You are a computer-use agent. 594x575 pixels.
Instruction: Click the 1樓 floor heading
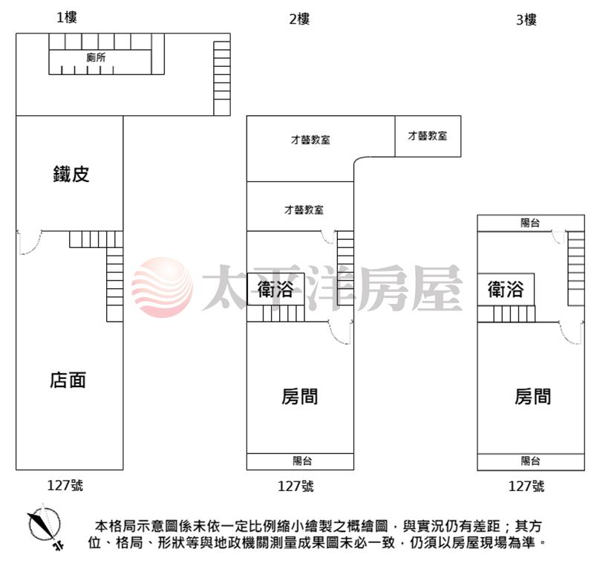tap(67, 17)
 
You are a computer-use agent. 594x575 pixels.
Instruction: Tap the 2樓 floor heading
tap(299, 19)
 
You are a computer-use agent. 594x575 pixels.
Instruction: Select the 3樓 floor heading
tap(526, 20)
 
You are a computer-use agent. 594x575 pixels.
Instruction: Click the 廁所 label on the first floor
tap(96, 58)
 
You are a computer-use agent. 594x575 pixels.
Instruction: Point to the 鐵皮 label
tap(71, 174)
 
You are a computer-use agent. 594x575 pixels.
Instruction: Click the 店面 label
tap(68, 380)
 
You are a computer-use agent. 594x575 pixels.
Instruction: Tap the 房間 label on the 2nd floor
tap(299, 397)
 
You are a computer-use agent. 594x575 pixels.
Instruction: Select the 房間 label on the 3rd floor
tap(532, 397)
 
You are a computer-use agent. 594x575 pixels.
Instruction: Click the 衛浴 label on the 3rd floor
tap(506, 289)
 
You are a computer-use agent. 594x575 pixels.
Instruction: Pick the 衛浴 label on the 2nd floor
tap(275, 289)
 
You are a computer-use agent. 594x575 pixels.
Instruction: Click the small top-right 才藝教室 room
tap(428, 136)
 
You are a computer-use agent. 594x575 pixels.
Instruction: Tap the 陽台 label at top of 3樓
tap(530, 223)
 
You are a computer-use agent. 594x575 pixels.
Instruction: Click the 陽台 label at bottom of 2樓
tap(302, 461)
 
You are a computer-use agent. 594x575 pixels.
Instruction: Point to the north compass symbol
tap(45, 526)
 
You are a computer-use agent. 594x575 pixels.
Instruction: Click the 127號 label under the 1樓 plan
tap(65, 486)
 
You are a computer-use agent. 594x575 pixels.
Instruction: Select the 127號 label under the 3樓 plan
tap(526, 487)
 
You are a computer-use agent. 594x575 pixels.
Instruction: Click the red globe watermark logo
tap(162, 287)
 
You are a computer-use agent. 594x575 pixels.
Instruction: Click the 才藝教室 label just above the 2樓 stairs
tap(304, 209)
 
